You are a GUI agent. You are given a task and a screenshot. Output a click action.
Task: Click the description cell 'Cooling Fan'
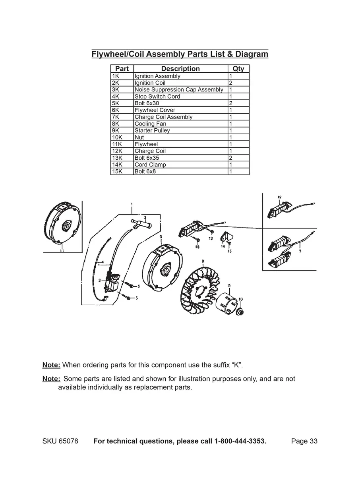coord(150,124)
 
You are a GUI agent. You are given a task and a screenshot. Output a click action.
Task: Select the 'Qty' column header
coord(238,69)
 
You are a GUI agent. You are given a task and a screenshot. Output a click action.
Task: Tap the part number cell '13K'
coord(117,158)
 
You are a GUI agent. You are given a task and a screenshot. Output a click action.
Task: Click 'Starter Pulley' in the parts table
coord(152,130)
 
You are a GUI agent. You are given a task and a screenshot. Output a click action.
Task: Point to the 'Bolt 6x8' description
coord(145,172)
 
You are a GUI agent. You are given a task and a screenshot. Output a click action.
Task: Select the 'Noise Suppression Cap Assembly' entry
coord(179,90)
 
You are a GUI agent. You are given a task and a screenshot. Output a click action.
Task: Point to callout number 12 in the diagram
coord(280,197)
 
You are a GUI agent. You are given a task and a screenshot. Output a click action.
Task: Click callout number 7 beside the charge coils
coord(300,252)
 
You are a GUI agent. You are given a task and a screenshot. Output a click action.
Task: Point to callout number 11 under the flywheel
coord(62,250)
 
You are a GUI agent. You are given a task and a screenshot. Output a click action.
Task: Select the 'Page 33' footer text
coord(304,441)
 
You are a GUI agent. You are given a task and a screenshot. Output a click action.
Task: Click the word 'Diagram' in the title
coord(252,54)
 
